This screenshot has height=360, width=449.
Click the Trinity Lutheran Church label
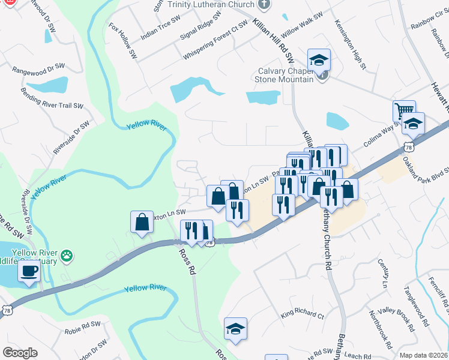[x=211, y=5]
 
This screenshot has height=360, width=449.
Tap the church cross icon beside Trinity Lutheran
[x=263, y=5]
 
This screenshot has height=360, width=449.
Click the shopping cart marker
[x=404, y=111]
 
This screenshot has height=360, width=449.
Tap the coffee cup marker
[x=29, y=271]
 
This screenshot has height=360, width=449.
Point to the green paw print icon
[x=68, y=256]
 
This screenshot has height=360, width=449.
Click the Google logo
[x=20, y=353]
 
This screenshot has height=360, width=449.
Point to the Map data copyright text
[x=423, y=355]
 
